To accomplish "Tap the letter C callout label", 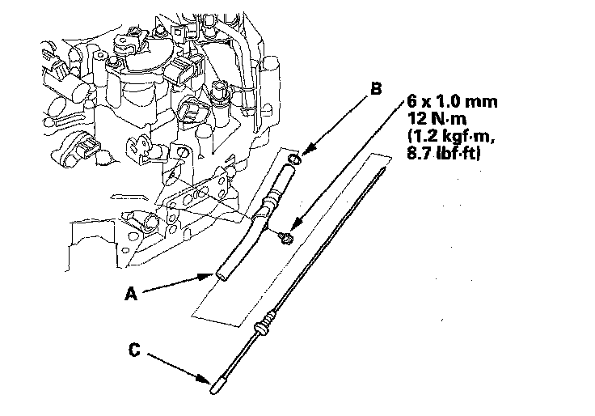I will pyautogui.click(x=135, y=350).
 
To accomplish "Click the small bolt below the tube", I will pyautogui.click(x=285, y=236).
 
